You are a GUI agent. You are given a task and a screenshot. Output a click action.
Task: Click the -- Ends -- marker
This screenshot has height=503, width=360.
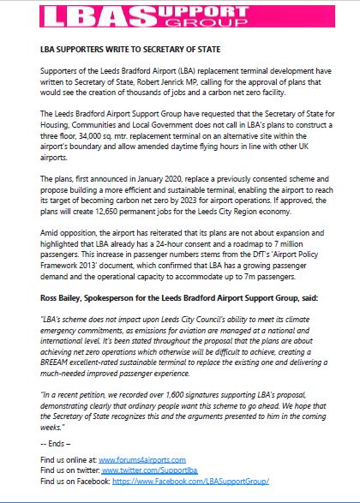(58, 443)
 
